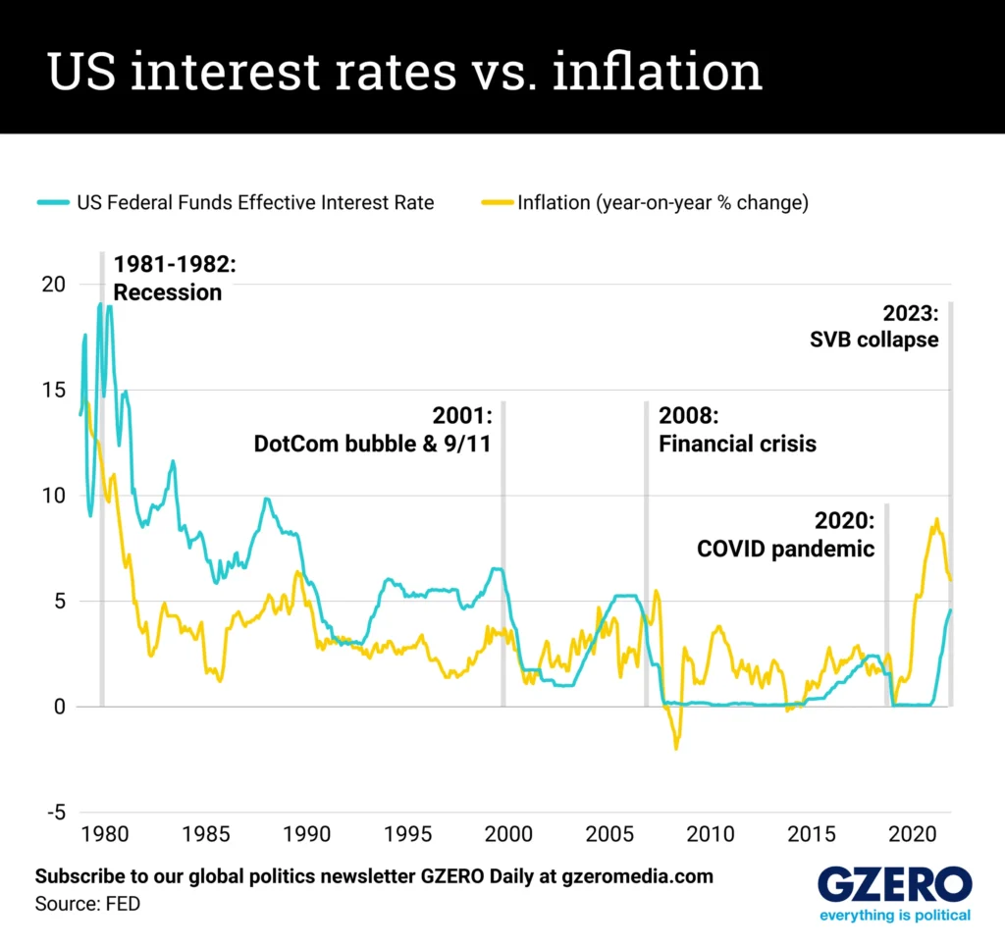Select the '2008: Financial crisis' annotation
[737, 430]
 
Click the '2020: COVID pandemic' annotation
[785, 535]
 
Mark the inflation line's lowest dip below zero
[676, 749]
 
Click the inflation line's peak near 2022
[936, 519]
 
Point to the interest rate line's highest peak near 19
[100, 304]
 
